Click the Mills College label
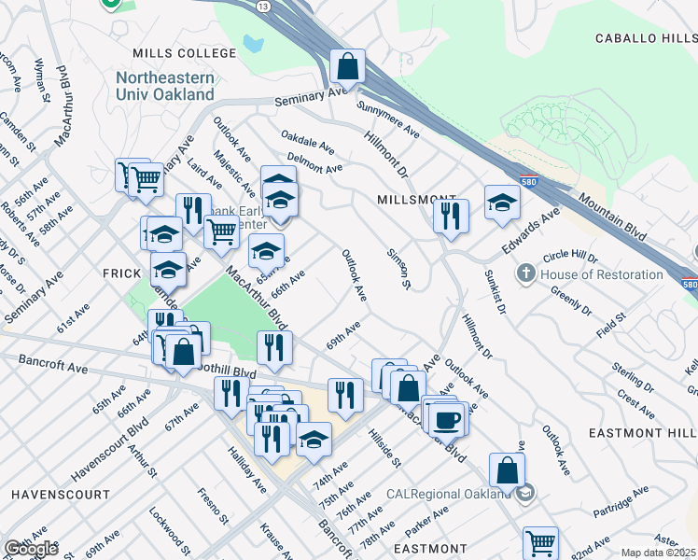tap(185, 53)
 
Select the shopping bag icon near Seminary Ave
tap(347, 67)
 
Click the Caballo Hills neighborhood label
tap(646, 38)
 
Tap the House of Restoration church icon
tap(526, 274)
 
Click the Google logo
tap(31, 549)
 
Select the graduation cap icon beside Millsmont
tap(502, 203)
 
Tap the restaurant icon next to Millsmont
tap(451, 217)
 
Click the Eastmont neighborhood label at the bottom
tap(429, 549)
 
